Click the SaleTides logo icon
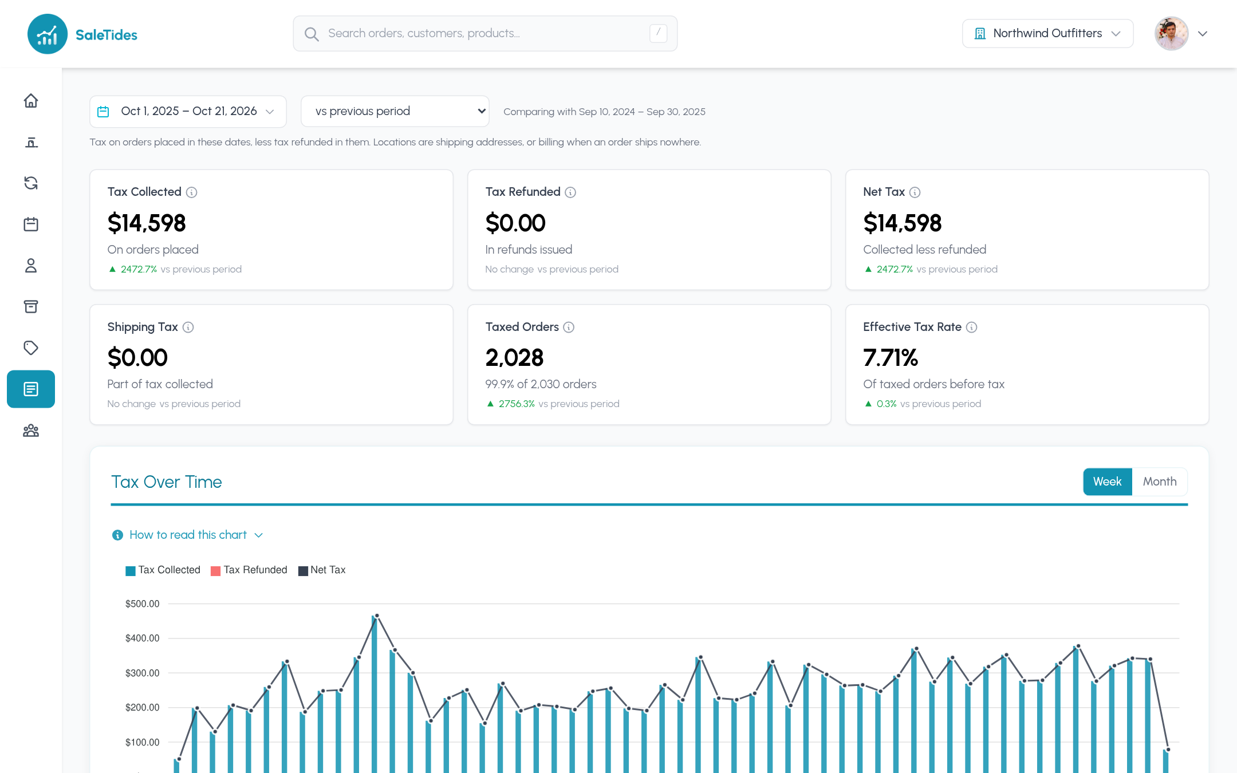pyautogui.click(x=48, y=34)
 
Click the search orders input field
pyautogui.click(x=485, y=34)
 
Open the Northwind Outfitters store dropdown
pyautogui.click(x=1047, y=34)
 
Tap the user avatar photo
pyautogui.click(x=1171, y=34)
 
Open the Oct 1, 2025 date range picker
pyautogui.click(x=188, y=112)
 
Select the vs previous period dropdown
pyautogui.click(x=395, y=112)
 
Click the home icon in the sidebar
pyautogui.click(x=31, y=101)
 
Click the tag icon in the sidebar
pyautogui.click(x=31, y=348)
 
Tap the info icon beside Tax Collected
pyautogui.click(x=192, y=192)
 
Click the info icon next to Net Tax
pyautogui.click(x=915, y=192)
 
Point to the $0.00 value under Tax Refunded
pyautogui.click(x=515, y=223)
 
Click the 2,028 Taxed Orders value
pyautogui.click(x=514, y=358)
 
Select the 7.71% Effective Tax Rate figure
pyautogui.click(x=891, y=358)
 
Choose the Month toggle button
pyautogui.click(x=1160, y=482)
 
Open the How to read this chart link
pyautogui.click(x=188, y=535)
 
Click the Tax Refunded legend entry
pyautogui.click(x=249, y=570)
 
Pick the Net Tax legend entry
pyautogui.click(x=322, y=570)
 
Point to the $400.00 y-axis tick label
pyautogui.click(x=143, y=638)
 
